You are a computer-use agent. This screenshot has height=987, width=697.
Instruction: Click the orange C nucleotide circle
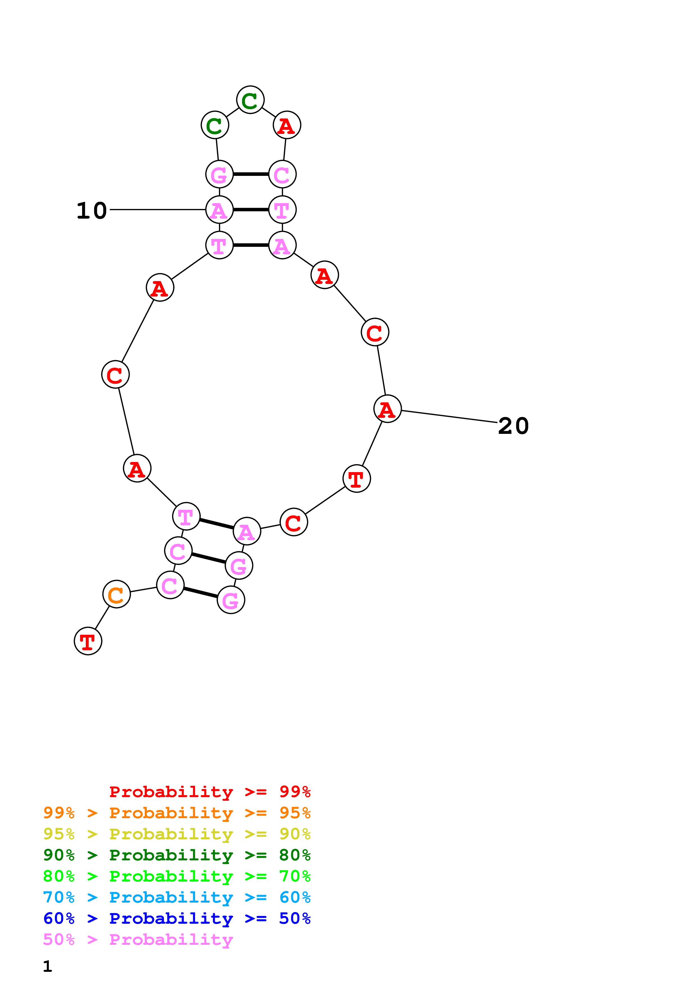[116, 594]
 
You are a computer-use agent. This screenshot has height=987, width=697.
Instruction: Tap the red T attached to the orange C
[88, 641]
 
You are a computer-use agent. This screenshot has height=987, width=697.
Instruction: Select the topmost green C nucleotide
[250, 100]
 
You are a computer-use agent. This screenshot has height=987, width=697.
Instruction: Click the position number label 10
[91, 211]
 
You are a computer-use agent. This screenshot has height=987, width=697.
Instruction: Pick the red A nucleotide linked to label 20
[387, 409]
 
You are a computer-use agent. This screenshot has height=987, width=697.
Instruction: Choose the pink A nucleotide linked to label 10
[220, 210]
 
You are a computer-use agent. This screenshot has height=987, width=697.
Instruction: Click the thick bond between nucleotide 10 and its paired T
[251, 210]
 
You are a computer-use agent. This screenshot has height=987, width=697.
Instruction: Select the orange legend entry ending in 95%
[177, 813]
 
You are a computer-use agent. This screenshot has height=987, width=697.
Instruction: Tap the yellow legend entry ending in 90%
[177, 834]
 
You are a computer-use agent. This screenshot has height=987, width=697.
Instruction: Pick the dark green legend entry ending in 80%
[177, 854]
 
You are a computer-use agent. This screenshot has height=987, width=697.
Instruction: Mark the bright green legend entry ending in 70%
[177, 876]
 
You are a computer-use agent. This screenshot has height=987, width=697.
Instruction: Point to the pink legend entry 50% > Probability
[138, 939]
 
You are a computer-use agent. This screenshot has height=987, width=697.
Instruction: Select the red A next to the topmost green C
[287, 125]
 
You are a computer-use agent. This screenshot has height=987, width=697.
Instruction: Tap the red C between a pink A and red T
[294, 522]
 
